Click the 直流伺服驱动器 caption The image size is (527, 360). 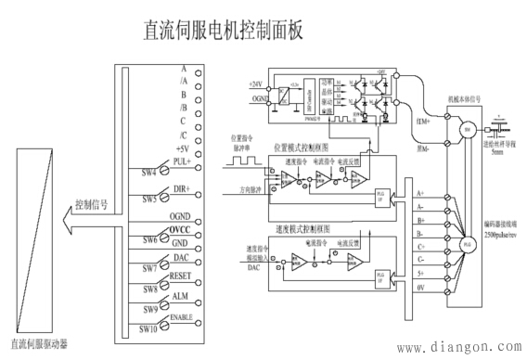[36, 344]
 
